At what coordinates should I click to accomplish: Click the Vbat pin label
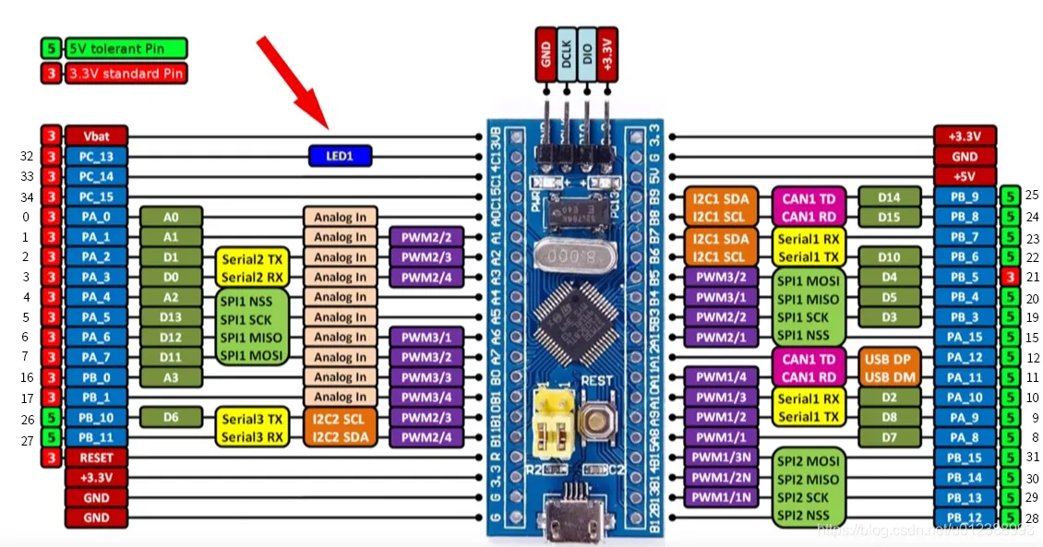click(x=96, y=136)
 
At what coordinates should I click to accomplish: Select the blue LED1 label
click(x=340, y=156)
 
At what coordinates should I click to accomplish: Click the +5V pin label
click(x=965, y=176)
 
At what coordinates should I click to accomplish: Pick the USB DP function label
click(x=889, y=358)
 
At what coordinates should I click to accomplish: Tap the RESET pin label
click(x=96, y=458)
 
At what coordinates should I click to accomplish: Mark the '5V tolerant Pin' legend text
click(x=126, y=47)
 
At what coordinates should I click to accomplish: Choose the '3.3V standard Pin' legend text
click(x=126, y=73)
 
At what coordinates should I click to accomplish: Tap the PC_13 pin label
click(x=96, y=156)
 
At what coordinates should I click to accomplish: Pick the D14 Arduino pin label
click(x=889, y=196)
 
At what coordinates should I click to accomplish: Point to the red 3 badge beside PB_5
click(x=1010, y=277)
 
